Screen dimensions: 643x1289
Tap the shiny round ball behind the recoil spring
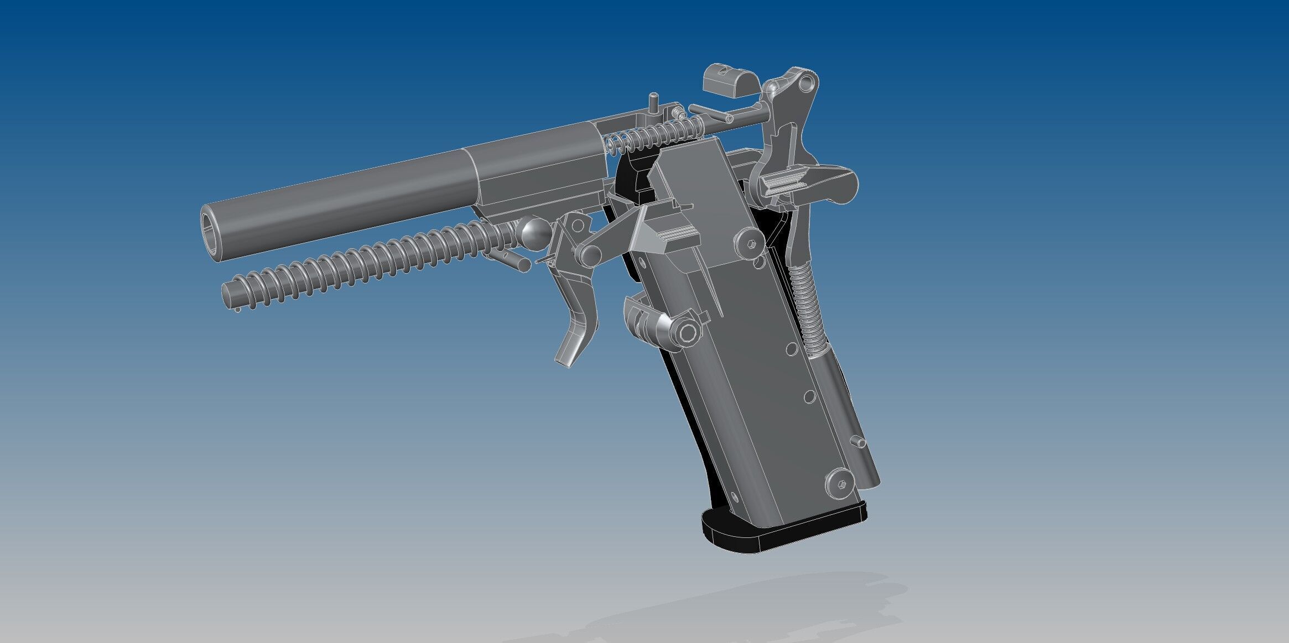pos(534,234)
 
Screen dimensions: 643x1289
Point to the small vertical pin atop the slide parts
pos(654,103)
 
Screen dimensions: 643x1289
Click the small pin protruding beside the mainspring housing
pos(859,442)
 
